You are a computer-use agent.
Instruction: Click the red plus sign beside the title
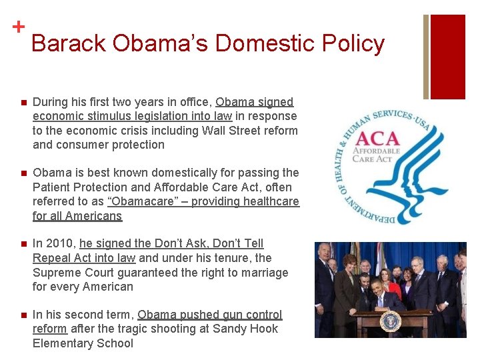pyautogui.click(x=18, y=27)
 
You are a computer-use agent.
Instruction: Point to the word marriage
pyautogui.click(x=262, y=273)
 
